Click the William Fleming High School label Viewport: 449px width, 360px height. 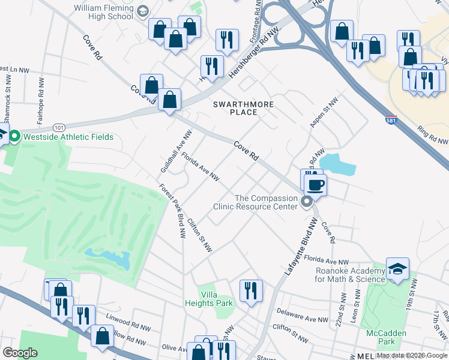click(103, 12)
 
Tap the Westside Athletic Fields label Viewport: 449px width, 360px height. click(67, 137)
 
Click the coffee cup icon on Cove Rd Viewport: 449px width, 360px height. click(315, 184)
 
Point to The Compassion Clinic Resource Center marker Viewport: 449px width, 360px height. click(307, 202)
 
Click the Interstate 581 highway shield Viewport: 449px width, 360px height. click(391, 121)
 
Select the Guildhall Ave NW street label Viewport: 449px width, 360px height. click(171, 153)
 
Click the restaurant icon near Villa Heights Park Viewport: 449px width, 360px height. click(250, 290)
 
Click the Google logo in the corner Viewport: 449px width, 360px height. click(20, 353)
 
